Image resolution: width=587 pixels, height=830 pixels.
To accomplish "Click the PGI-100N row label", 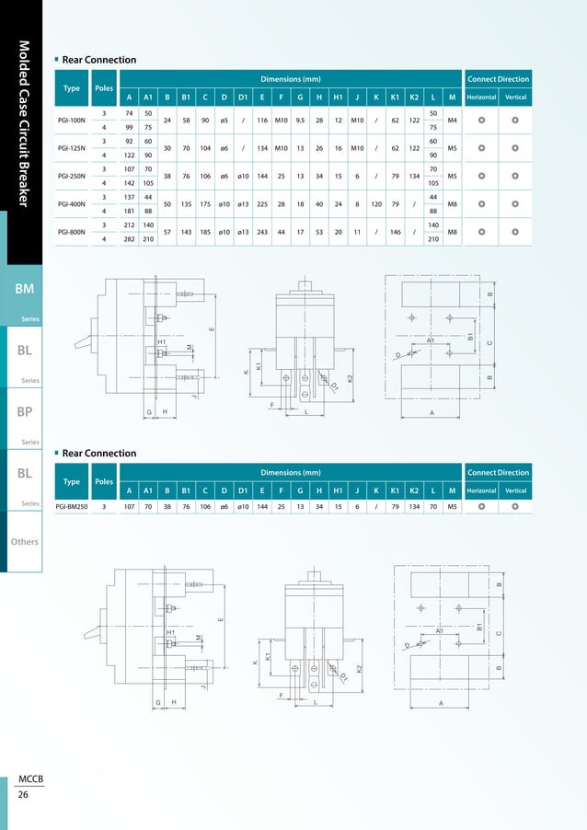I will pos(71,120).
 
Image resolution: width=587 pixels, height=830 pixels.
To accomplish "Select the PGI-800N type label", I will pos(71,232).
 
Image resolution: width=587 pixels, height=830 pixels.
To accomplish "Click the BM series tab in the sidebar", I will pos(25,289).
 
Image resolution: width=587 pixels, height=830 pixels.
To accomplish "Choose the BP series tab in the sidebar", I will pos(25,413).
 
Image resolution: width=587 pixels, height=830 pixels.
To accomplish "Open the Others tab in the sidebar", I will pos(24,542).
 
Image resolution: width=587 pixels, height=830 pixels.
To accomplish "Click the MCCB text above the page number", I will pos(29,779).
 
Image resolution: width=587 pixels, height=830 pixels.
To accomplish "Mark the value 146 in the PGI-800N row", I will pos(395,232).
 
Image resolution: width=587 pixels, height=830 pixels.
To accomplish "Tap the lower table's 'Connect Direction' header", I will pos(498,473).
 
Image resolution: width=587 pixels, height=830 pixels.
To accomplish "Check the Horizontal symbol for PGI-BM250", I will pos(481,506).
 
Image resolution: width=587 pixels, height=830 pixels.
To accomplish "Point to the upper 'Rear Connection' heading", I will pos(98,60).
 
